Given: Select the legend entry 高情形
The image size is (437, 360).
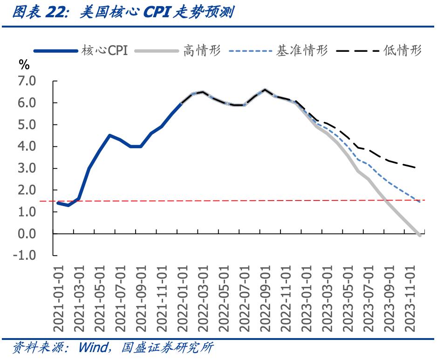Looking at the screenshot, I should (202, 50).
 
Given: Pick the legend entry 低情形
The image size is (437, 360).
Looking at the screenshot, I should (403, 50).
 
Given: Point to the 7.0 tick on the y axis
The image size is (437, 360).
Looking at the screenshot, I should (27, 81).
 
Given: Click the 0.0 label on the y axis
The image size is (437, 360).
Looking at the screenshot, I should (27, 234).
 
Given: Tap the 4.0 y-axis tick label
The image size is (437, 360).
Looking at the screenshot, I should (27, 146).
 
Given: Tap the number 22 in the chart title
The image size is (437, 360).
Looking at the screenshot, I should (56, 13).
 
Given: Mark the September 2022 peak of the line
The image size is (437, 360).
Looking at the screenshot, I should (265, 90).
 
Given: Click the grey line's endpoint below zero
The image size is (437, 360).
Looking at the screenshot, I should (420, 235).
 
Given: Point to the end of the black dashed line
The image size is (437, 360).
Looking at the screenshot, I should (415, 167).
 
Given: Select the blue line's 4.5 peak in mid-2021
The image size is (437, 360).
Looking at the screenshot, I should (109, 135).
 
